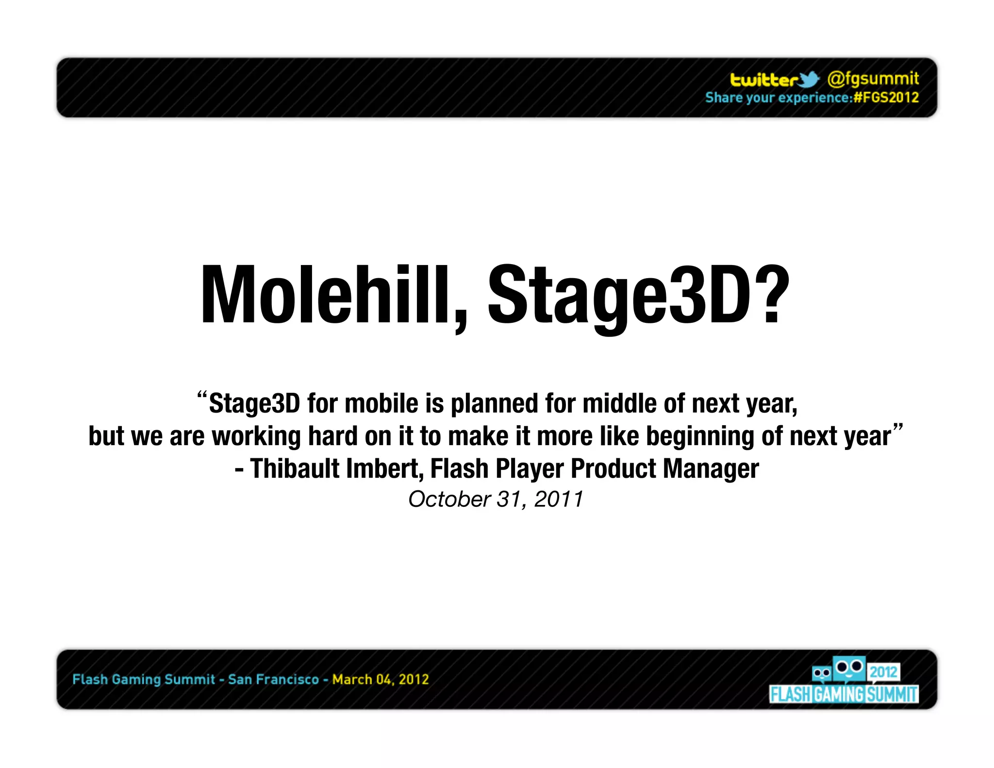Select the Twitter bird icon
(809, 80)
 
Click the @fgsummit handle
(873, 79)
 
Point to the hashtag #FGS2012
(886, 98)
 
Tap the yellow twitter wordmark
(764, 80)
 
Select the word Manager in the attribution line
(711, 469)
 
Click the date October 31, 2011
(496, 499)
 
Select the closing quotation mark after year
(898, 428)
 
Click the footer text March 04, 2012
(381, 679)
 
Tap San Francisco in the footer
(273, 679)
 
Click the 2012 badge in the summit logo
(883, 672)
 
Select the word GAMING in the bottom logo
(839, 695)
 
